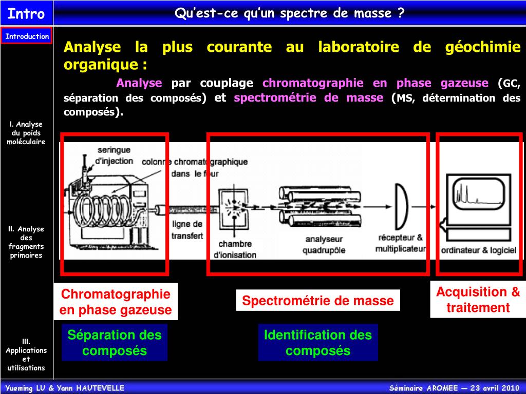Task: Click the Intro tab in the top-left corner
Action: pyautogui.click(x=26, y=13)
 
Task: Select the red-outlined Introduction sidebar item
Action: pyautogui.click(x=27, y=36)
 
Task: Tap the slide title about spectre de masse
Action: pyautogui.click(x=289, y=13)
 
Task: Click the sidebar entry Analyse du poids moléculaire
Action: pyautogui.click(x=26, y=133)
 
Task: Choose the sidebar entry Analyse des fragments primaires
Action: pyautogui.click(x=26, y=242)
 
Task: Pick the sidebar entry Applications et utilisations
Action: pyautogui.click(x=26, y=354)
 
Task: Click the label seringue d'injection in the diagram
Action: pyautogui.click(x=114, y=155)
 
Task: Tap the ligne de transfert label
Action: pyautogui.click(x=187, y=230)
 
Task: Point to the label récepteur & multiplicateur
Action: pyautogui.click(x=401, y=243)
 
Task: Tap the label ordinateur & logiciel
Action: pyautogui.click(x=478, y=250)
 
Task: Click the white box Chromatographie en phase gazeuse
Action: pyautogui.click(x=116, y=302)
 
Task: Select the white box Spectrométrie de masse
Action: pyautogui.click(x=318, y=301)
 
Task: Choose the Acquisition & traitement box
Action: pyautogui.click(x=478, y=300)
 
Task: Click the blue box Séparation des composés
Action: pyautogui.click(x=115, y=343)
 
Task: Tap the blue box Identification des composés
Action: pyautogui.click(x=318, y=343)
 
